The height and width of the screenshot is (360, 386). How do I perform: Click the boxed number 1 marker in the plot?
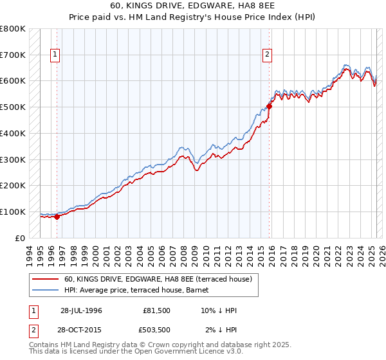tap(56, 55)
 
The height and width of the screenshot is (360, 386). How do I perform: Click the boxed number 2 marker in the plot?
tap(266, 55)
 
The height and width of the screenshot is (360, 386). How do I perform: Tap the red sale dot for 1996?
tap(57, 217)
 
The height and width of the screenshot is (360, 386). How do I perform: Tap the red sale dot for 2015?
tap(270, 106)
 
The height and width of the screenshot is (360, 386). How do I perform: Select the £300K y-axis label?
tap(13, 159)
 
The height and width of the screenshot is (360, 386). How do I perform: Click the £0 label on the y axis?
tap(20, 238)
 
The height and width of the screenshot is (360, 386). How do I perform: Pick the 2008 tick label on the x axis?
tap(184, 253)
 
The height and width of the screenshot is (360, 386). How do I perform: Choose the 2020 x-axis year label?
tap(315, 253)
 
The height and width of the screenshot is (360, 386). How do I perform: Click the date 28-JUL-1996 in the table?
tap(81, 310)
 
